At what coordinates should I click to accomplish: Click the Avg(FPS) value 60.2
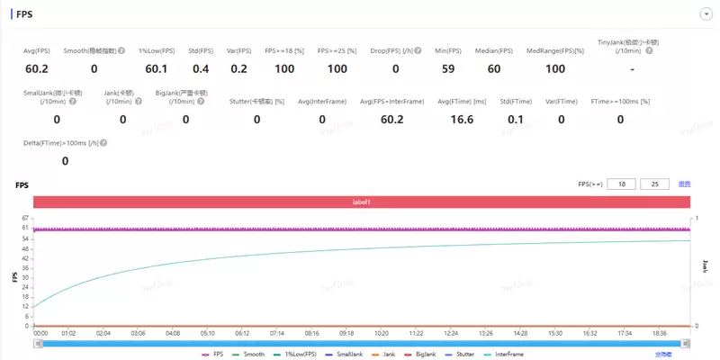pos(36,68)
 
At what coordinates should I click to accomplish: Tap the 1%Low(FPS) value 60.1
pos(157,68)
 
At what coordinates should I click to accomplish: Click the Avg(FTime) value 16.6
pos(462,119)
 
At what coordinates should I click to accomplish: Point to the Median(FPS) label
pos(495,50)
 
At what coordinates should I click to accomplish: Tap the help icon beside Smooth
pos(121,50)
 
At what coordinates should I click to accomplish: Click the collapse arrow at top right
pos(706,13)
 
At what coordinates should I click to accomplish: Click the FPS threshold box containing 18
pos(621,184)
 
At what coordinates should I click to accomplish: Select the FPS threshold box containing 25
pos(654,184)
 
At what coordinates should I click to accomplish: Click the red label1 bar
pos(361,202)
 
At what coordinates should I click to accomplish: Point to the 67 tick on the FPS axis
pos(25,219)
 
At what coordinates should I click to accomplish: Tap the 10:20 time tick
pos(382,332)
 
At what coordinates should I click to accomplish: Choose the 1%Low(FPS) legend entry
pos(293,355)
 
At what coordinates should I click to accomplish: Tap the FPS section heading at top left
pos(24,13)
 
